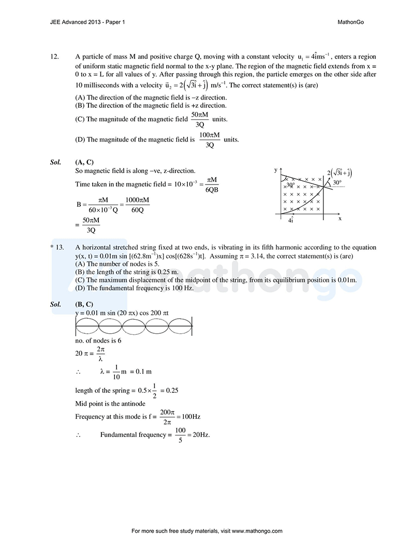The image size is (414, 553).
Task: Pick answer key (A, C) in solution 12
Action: [84, 162]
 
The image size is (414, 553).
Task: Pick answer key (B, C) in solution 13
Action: [84, 304]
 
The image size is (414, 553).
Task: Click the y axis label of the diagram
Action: [276, 170]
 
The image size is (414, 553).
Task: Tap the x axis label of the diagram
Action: [340, 218]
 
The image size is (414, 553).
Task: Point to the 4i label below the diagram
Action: [290, 220]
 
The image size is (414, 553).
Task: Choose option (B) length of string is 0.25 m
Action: [127, 272]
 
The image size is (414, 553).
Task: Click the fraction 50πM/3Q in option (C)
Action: [199, 119]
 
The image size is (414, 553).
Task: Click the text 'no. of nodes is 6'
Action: [98, 341]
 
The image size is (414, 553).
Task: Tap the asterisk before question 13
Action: [52, 248]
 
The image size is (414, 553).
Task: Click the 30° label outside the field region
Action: [337, 183]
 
